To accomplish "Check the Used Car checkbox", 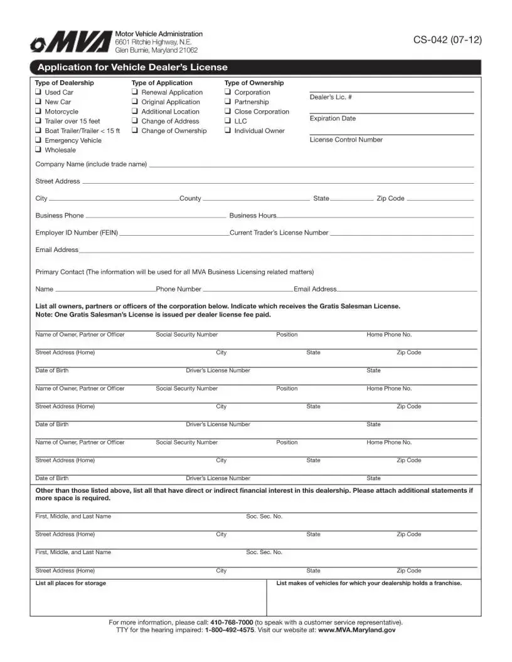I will click(38, 92).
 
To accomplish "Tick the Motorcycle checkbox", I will click(38, 112).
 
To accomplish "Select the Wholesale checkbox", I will click(38, 150).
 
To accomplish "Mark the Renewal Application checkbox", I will click(135, 92).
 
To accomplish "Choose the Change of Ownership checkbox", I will click(135, 131).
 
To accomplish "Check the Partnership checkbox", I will click(228, 102).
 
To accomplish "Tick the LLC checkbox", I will click(228, 121).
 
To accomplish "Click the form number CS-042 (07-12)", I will click(447, 40).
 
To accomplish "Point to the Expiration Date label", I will click(333, 118).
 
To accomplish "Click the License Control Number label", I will click(346, 140).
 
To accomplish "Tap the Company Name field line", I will click(311, 166).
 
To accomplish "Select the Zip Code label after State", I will click(390, 199).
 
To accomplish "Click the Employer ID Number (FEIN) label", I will click(77, 233).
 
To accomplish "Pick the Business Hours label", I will click(253, 216).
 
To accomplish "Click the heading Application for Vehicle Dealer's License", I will click(132, 68).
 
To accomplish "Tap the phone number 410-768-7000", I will click(232, 623).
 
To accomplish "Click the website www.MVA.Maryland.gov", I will click(357, 630).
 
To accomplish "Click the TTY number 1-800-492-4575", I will click(230, 630).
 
